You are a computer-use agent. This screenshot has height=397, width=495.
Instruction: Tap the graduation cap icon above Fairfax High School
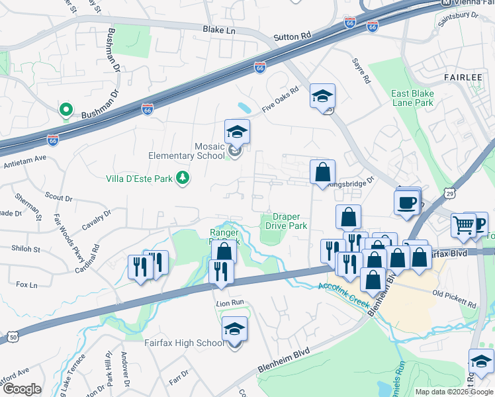click(234, 329)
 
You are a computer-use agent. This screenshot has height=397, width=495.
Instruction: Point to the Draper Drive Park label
click(287, 221)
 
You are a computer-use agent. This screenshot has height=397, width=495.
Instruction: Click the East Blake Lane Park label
click(412, 99)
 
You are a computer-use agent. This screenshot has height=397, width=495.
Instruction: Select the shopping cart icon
click(463, 226)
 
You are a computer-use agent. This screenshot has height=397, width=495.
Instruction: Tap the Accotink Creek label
click(342, 292)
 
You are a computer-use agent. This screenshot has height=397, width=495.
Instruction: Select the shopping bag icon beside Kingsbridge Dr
click(322, 172)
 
